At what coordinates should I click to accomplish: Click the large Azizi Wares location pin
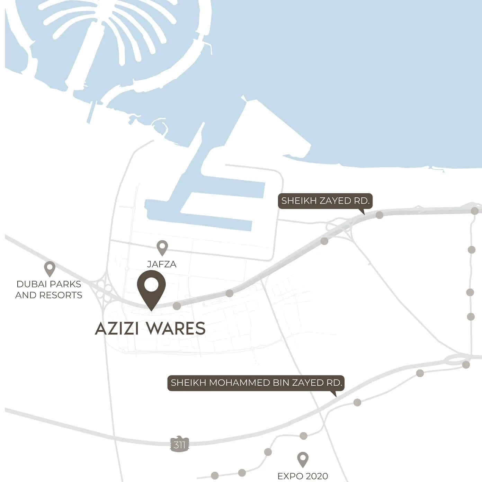[x=151, y=289]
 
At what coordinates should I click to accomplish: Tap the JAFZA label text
[x=162, y=264]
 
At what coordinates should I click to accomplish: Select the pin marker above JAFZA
[x=162, y=247]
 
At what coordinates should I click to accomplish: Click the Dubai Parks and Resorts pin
[x=50, y=268]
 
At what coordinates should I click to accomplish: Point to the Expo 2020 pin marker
[x=303, y=459]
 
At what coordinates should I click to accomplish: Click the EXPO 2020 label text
[x=303, y=476]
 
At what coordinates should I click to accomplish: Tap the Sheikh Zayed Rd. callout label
[x=325, y=201]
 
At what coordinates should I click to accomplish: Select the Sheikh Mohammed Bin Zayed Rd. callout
[x=256, y=383]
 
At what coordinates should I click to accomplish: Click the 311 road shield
[x=180, y=445]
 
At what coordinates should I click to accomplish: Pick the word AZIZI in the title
[x=116, y=329]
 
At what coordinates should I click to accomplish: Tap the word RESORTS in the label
[x=61, y=295]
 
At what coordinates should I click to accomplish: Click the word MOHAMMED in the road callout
[x=235, y=383]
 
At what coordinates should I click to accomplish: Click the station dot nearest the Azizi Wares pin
[x=177, y=306]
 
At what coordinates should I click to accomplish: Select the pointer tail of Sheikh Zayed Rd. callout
[x=362, y=212]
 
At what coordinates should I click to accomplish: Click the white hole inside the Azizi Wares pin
[x=151, y=285]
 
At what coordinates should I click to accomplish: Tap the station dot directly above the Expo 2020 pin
[x=303, y=436]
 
